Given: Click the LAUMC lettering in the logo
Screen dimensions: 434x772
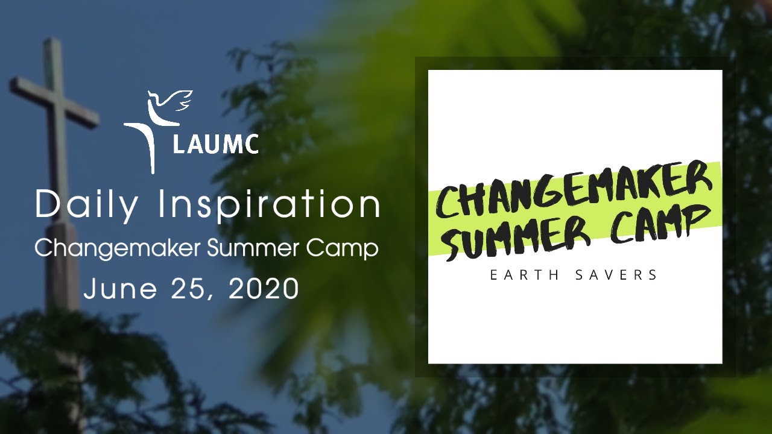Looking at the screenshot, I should click(215, 145).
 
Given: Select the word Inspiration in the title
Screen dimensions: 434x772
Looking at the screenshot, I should click(269, 206).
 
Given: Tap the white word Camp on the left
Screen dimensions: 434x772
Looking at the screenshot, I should click(348, 248).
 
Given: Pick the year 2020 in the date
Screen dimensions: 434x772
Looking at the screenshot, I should click(264, 289).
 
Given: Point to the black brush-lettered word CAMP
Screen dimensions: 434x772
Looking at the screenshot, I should click(657, 222).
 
